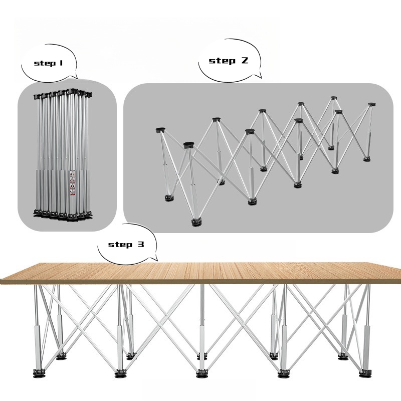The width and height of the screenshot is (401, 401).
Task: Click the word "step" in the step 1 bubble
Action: click(x=45, y=63)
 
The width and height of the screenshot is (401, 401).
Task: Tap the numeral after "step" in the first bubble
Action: click(x=61, y=63)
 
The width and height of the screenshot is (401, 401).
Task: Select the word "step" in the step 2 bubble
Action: click(x=222, y=61)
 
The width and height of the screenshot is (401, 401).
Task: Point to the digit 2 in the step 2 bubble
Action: click(x=244, y=60)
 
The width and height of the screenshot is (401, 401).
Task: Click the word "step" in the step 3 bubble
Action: click(x=120, y=245)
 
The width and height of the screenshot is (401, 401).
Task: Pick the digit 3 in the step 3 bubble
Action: click(x=141, y=244)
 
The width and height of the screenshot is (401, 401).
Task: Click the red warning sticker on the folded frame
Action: click(x=72, y=183)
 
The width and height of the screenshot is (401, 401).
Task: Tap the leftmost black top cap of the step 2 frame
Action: click(x=160, y=130)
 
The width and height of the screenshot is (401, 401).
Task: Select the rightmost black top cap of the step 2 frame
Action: click(x=371, y=105)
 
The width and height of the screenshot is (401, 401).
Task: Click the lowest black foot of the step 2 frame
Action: click(x=196, y=223)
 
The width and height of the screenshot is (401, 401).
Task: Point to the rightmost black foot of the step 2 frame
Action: click(x=367, y=159)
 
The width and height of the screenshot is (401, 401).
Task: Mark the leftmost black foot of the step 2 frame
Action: click(x=168, y=198)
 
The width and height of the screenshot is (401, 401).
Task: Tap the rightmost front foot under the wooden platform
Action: click(x=366, y=373)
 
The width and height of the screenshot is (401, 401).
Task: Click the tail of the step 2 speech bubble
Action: click(x=258, y=75)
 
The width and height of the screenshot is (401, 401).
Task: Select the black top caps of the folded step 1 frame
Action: click(x=63, y=93)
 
